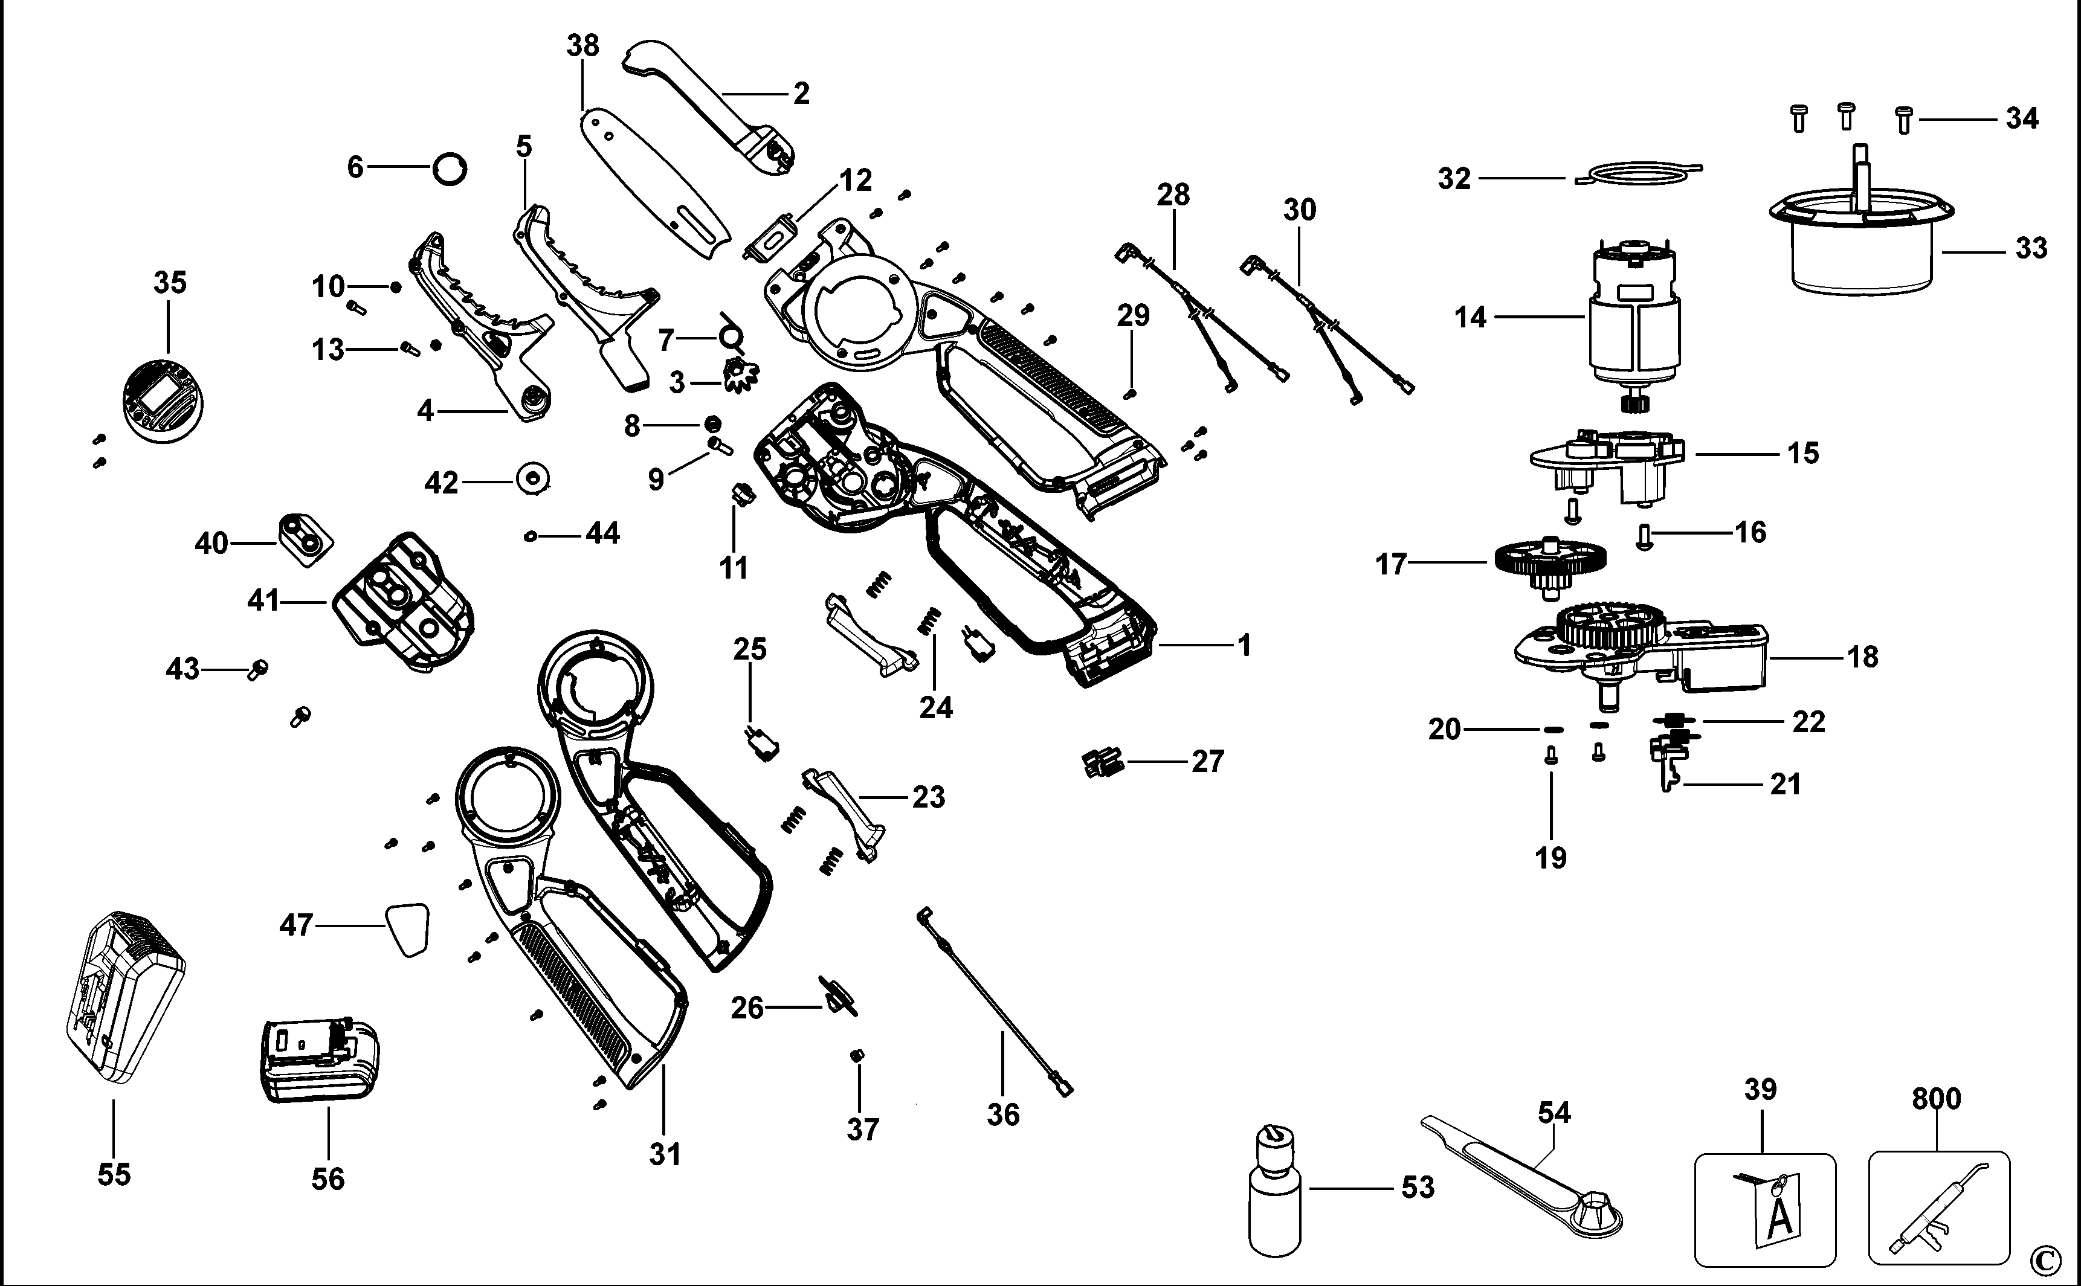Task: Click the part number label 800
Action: pos(1937,1099)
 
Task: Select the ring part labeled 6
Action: pos(450,169)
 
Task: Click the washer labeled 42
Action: pos(534,477)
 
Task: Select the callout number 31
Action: pos(665,1155)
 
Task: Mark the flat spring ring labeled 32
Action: pos(1637,173)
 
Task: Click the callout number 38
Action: pos(582,45)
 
